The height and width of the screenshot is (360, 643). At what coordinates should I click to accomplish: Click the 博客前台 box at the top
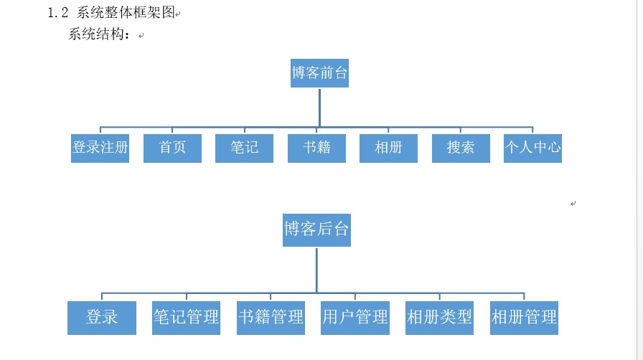point(319,73)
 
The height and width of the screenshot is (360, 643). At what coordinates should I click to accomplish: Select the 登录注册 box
point(100,148)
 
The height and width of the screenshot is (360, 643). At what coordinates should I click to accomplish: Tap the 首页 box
point(172,148)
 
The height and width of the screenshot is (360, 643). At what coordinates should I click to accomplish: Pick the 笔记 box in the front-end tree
point(244,148)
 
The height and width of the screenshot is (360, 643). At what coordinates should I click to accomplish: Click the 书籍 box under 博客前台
point(316,148)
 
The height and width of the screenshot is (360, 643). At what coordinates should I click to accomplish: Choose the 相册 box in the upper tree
point(388,148)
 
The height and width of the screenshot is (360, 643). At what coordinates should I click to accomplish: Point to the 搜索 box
point(461,148)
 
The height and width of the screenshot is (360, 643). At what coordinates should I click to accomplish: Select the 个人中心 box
point(532,148)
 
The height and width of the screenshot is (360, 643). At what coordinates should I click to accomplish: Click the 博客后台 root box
point(316,229)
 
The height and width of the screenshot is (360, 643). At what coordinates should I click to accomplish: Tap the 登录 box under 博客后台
point(102,317)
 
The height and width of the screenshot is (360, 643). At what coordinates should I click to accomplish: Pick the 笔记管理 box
point(187,317)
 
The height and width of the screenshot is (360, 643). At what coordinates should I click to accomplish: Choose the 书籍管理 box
point(271,317)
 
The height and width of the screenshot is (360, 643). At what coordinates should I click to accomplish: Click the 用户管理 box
point(355,317)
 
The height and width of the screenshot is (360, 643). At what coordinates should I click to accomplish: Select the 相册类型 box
point(439,317)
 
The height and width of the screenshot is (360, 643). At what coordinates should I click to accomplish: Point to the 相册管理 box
point(524,317)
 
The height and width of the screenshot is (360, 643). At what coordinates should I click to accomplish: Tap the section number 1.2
point(57,12)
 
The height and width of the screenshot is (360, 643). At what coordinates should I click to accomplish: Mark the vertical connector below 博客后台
point(316,269)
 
